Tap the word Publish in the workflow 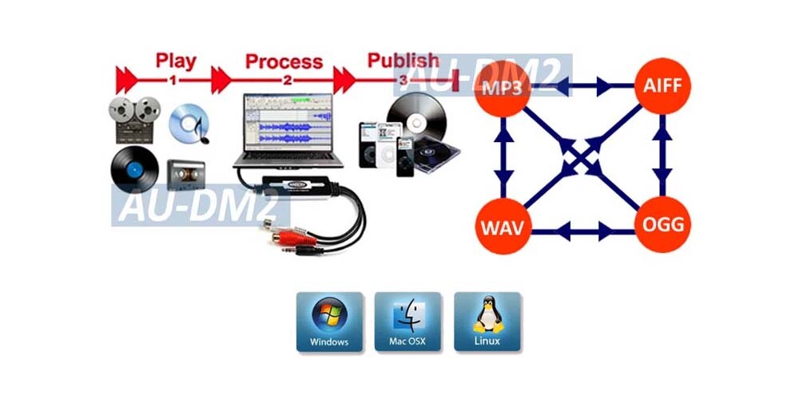click(403, 60)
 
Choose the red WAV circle click(502, 225)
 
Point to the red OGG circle click(662, 225)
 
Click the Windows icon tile click(329, 322)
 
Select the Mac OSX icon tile click(407, 322)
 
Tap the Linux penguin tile click(487, 322)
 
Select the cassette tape click(185, 172)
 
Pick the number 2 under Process click(288, 80)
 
